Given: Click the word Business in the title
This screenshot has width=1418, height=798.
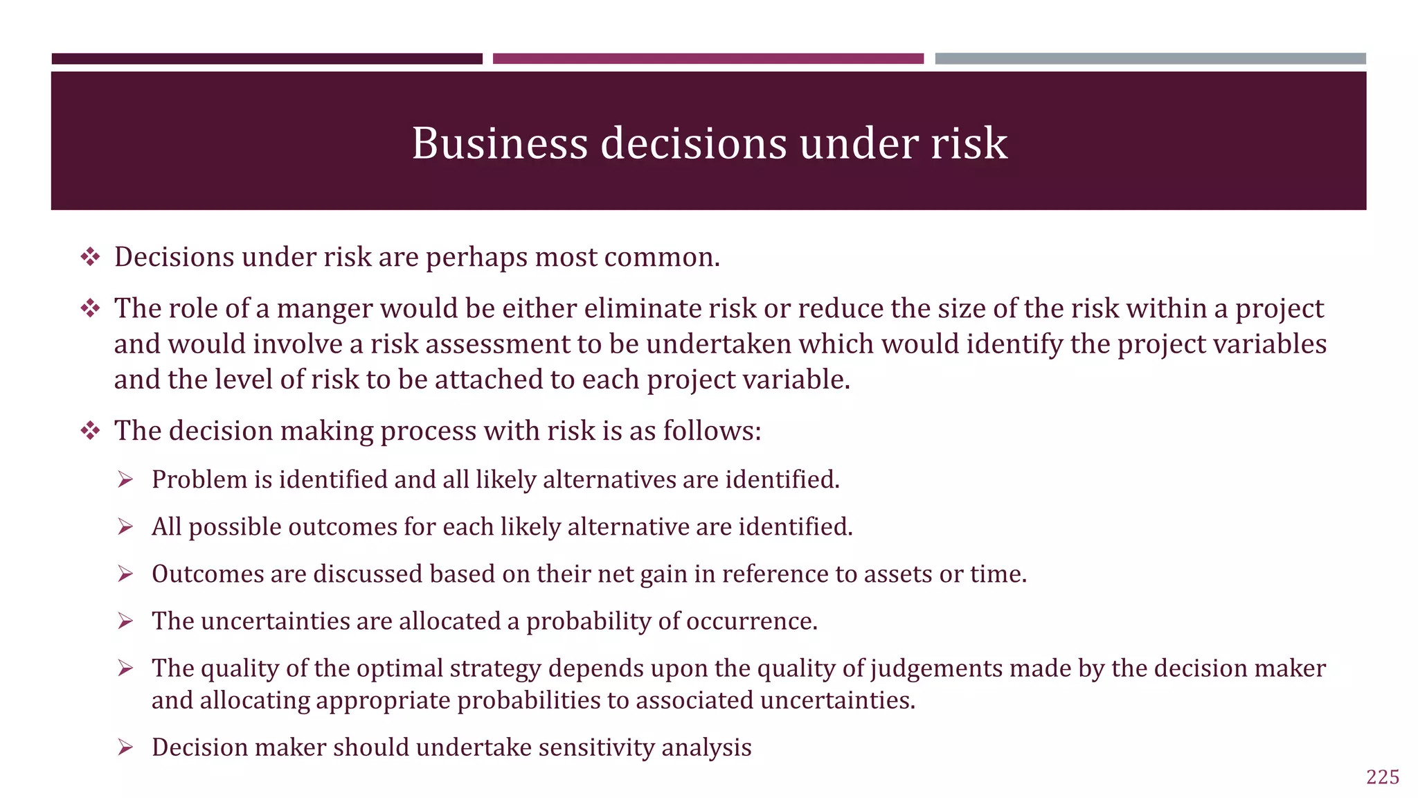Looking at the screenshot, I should pyautogui.click(x=500, y=143).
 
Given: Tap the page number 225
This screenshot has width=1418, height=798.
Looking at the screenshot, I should pyautogui.click(x=1383, y=777).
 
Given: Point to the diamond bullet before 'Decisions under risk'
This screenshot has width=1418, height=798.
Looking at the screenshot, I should pyautogui.click(x=90, y=257).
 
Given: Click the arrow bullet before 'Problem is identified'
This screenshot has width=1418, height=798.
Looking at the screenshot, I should pyautogui.click(x=125, y=479).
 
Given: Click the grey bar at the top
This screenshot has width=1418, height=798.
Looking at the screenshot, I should pyautogui.click(x=1150, y=59).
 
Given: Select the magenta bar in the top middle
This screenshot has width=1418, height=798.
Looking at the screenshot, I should pyautogui.click(x=708, y=59).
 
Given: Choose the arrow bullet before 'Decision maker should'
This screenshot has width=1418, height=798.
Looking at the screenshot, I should pyautogui.click(x=125, y=747).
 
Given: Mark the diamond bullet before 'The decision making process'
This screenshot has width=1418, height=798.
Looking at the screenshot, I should pyautogui.click(x=90, y=431).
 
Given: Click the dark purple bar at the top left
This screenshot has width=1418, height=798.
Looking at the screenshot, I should pyautogui.click(x=267, y=59).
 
